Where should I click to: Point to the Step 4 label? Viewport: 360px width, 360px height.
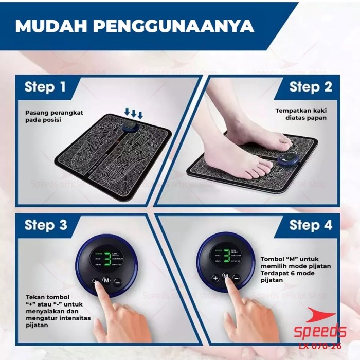[311, 225]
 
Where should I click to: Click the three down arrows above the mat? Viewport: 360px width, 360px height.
[134, 113]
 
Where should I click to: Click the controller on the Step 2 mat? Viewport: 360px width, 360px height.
[289, 161]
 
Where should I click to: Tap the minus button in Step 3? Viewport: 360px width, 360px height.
[118, 282]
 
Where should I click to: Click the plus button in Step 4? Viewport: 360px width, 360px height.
[215, 278]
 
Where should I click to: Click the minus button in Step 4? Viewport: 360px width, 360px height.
[236, 278]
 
